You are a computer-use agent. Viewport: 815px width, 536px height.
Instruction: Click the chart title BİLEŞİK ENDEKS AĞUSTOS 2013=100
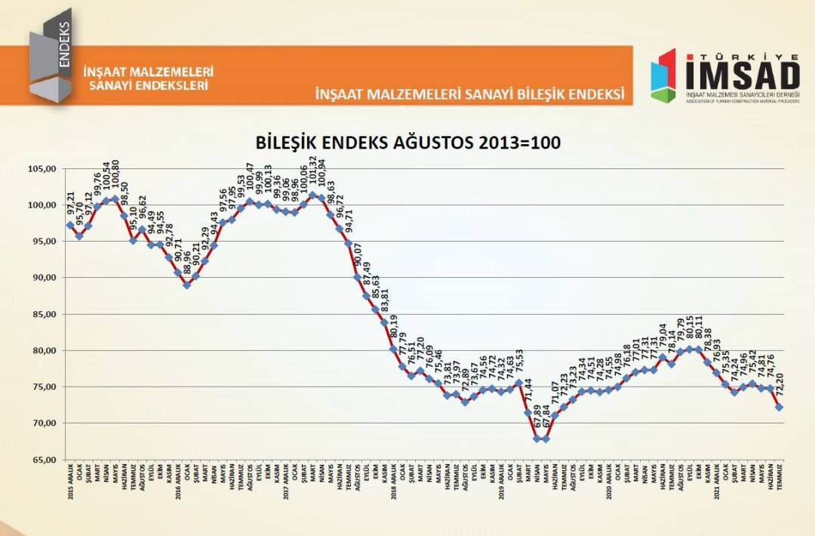[x=408, y=143]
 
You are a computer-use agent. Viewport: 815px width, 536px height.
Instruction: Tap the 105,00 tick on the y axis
[x=43, y=169]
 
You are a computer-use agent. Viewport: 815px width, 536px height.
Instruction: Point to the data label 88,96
[x=187, y=263]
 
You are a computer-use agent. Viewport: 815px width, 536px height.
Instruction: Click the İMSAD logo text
[x=742, y=75]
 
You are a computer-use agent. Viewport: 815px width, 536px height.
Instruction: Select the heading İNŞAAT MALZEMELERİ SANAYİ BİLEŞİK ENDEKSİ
[x=470, y=94]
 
